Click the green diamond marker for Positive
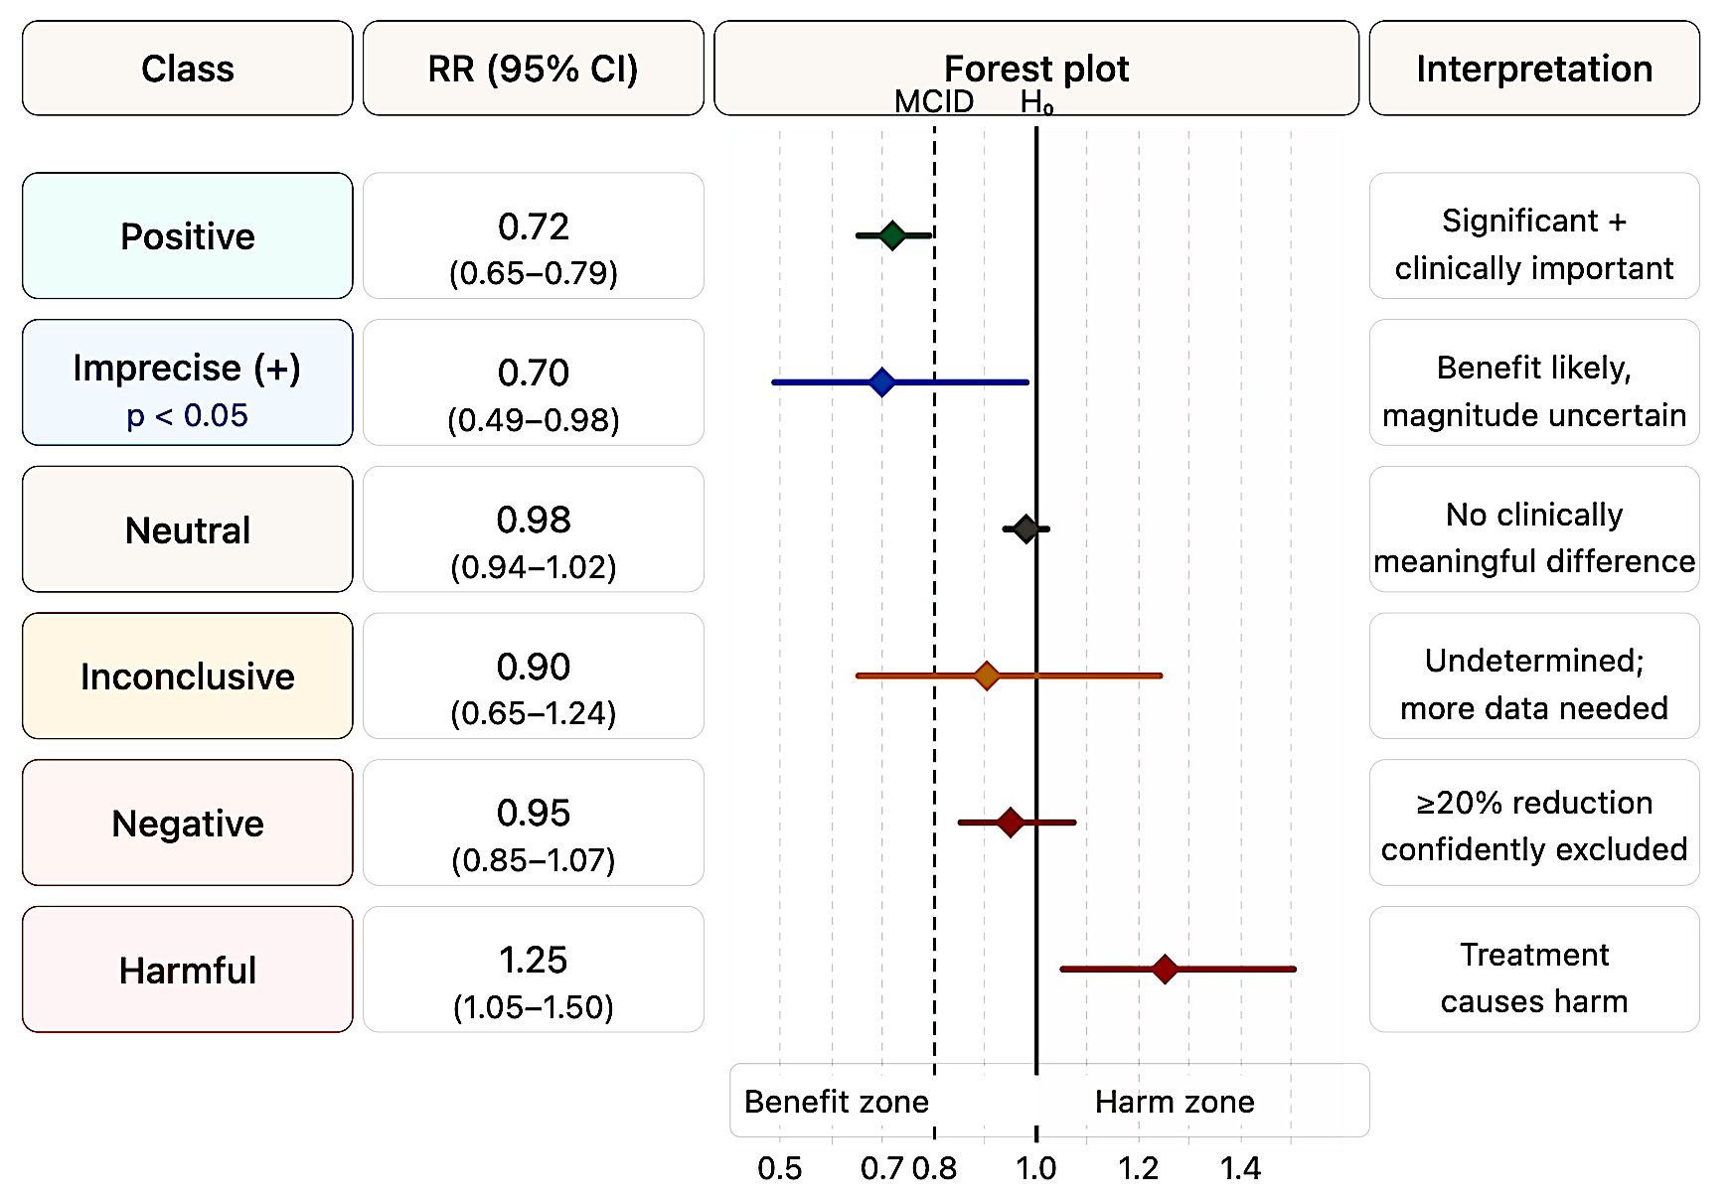[892, 235]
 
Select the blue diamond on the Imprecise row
[881, 381]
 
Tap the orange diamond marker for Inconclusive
[986, 676]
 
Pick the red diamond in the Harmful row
[1165, 969]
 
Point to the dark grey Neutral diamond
[1026, 528]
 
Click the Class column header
[187, 69]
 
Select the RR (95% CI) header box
[533, 69]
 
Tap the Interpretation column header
[1533, 69]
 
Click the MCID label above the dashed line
[933, 101]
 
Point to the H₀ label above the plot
[1035, 101]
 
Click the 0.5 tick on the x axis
[779, 1168]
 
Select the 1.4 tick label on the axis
[1240, 1168]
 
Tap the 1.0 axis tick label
[1035, 1168]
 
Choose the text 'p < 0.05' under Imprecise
[187, 415]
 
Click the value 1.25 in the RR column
[533, 960]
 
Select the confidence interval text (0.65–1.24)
[533, 713]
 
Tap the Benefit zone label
[836, 1102]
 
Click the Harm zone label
[1175, 1102]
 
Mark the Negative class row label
[187, 823]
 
